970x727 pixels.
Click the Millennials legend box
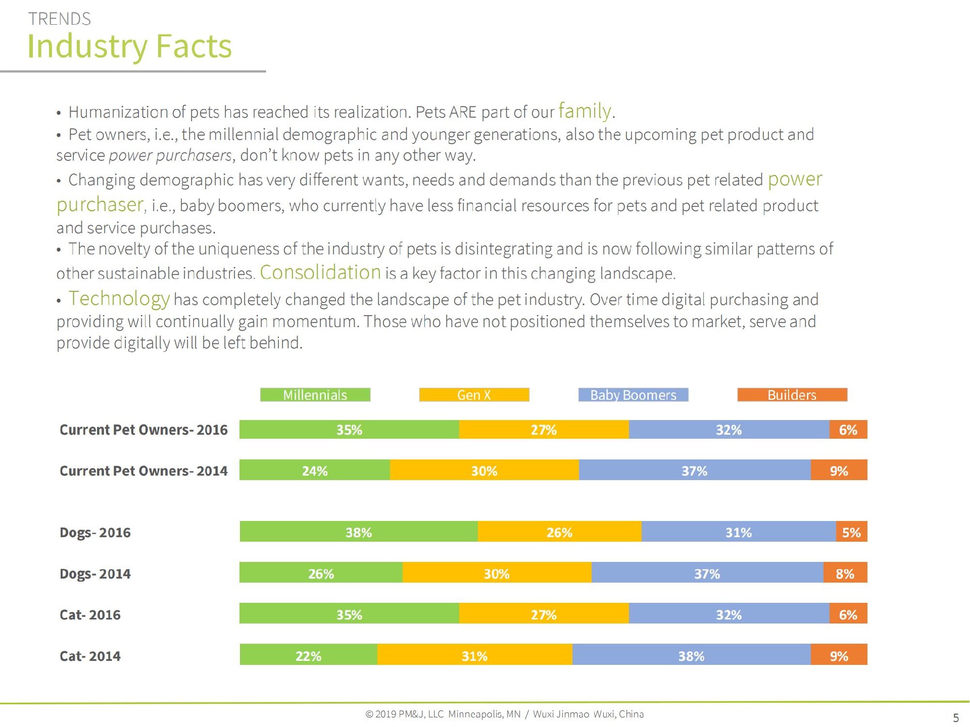tap(315, 395)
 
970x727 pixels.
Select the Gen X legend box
tap(474, 395)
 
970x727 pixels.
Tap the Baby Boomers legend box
tap(633, 395)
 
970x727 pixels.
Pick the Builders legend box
tap(792, 395)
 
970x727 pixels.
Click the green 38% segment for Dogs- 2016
tap(359, 532)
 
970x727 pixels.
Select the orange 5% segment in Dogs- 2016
tap(851, 532)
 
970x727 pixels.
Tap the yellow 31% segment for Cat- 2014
tap(474, 655)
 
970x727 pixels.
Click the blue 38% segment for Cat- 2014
tap(691, 655)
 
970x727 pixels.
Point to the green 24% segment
tap(314, 471)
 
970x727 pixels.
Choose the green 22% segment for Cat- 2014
tap(308, 655)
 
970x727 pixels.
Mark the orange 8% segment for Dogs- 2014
tap(845, 573)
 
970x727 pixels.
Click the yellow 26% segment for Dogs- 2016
tap(559, 532)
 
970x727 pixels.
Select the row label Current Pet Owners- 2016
tap(143, 430)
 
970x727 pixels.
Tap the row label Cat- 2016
tap(90, 614)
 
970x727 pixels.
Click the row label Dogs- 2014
tap(95, 574)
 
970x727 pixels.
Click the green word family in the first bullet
tap(585, 111)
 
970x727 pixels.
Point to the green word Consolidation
tap(320, 272)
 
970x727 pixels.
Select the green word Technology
tap(119, 298)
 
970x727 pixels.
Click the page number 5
tap(955, 717)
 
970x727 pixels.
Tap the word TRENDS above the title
tap(60, 19)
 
